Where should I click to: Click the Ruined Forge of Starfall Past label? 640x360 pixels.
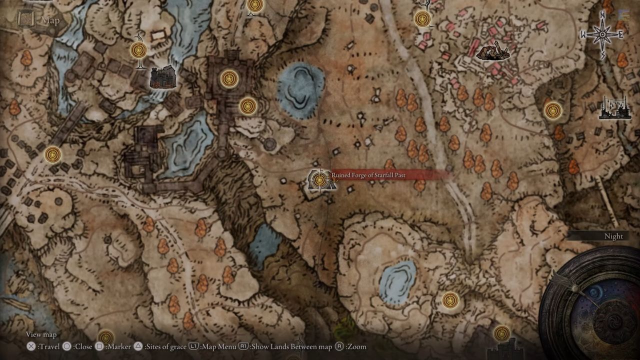(x=368, y=175)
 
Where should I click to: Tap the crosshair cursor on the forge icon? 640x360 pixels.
(x=319, y=179)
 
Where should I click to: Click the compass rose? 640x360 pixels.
(x=602, y=34)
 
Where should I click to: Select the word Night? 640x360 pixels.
(x=613, y=236)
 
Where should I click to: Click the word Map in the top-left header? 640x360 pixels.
(x=50, y=20)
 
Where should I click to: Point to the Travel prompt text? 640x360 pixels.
(x=48, y=346)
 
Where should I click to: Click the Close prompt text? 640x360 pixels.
(x=82, y=346)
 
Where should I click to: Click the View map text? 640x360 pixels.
(x=41, y=334)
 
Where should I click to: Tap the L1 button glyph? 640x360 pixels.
(x=194, y=346)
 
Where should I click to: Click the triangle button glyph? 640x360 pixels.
(x=137, y=346)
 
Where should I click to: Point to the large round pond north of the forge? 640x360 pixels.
(x=300, y=90)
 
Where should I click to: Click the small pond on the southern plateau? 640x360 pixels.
(x=397, y=281)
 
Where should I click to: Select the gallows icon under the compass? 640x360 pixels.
(x=614, y=108)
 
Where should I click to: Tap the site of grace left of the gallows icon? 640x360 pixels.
(x=552, y=110)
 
